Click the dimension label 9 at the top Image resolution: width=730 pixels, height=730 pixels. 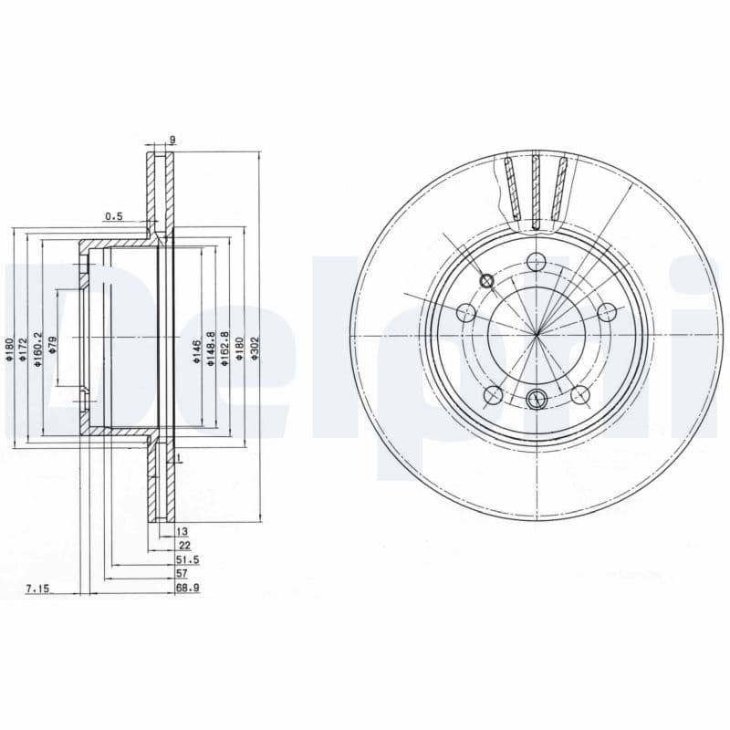(172, 140)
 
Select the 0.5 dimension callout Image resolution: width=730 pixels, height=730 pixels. (113, 216)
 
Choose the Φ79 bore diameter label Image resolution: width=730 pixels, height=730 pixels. (52, 348)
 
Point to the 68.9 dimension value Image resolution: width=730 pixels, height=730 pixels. (187, 589)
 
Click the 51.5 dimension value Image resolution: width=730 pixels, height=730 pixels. (187, 559)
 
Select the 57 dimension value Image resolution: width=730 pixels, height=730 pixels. (182, 574)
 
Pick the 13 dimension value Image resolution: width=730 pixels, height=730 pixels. (182, 530)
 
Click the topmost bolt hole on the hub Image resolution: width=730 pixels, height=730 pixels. (537, 260)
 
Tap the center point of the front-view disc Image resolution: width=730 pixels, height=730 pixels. (537, 335)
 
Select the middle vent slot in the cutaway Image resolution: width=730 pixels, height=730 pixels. (536, 189)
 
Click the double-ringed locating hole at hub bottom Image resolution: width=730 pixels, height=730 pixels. (537, 397)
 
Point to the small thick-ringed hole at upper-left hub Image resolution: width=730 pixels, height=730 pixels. (486, 281)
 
